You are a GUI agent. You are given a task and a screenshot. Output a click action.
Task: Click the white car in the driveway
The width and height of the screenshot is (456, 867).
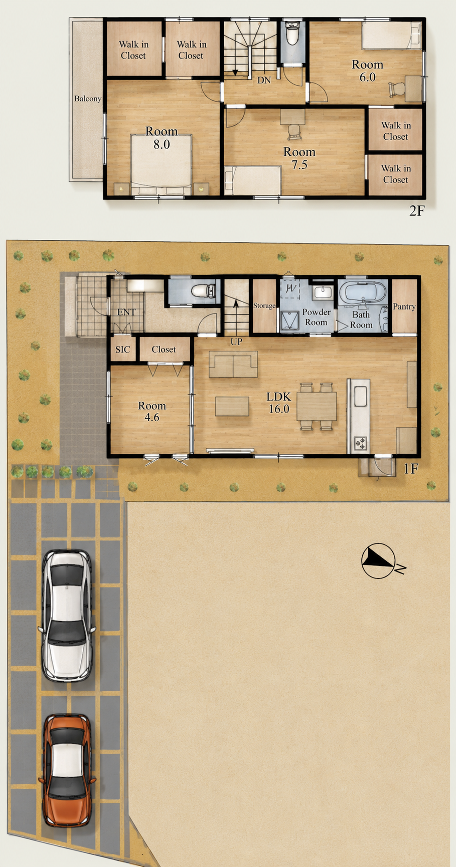pos(67,616)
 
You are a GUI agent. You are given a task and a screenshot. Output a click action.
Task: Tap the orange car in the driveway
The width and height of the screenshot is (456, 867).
pos(67,770)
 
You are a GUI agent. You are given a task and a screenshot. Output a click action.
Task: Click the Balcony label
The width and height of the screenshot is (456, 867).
pos(88,99)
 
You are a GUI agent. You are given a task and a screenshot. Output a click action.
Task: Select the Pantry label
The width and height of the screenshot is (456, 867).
pos(404,307)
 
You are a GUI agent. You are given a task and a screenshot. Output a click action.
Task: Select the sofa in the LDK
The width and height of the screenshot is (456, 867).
pos(233,364)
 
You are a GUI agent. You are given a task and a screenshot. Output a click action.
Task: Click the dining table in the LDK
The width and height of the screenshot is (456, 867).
pos(317,406)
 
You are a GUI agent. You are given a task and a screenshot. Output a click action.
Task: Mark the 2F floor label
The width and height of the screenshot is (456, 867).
pos(416,211)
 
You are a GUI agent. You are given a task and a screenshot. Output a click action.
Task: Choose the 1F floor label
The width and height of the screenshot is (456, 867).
pos(411,469)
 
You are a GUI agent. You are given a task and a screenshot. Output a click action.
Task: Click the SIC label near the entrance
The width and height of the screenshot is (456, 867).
pos(122,350)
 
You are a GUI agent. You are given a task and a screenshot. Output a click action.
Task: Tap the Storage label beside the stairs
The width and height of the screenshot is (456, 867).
pos(264,306)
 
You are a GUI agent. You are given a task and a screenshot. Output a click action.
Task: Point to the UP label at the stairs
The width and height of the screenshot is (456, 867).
pos(236,342)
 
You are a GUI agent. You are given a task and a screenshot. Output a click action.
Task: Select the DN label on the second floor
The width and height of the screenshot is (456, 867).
pos(264,80)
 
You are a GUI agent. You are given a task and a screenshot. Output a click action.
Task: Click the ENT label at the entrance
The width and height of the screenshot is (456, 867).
pos(126,312)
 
